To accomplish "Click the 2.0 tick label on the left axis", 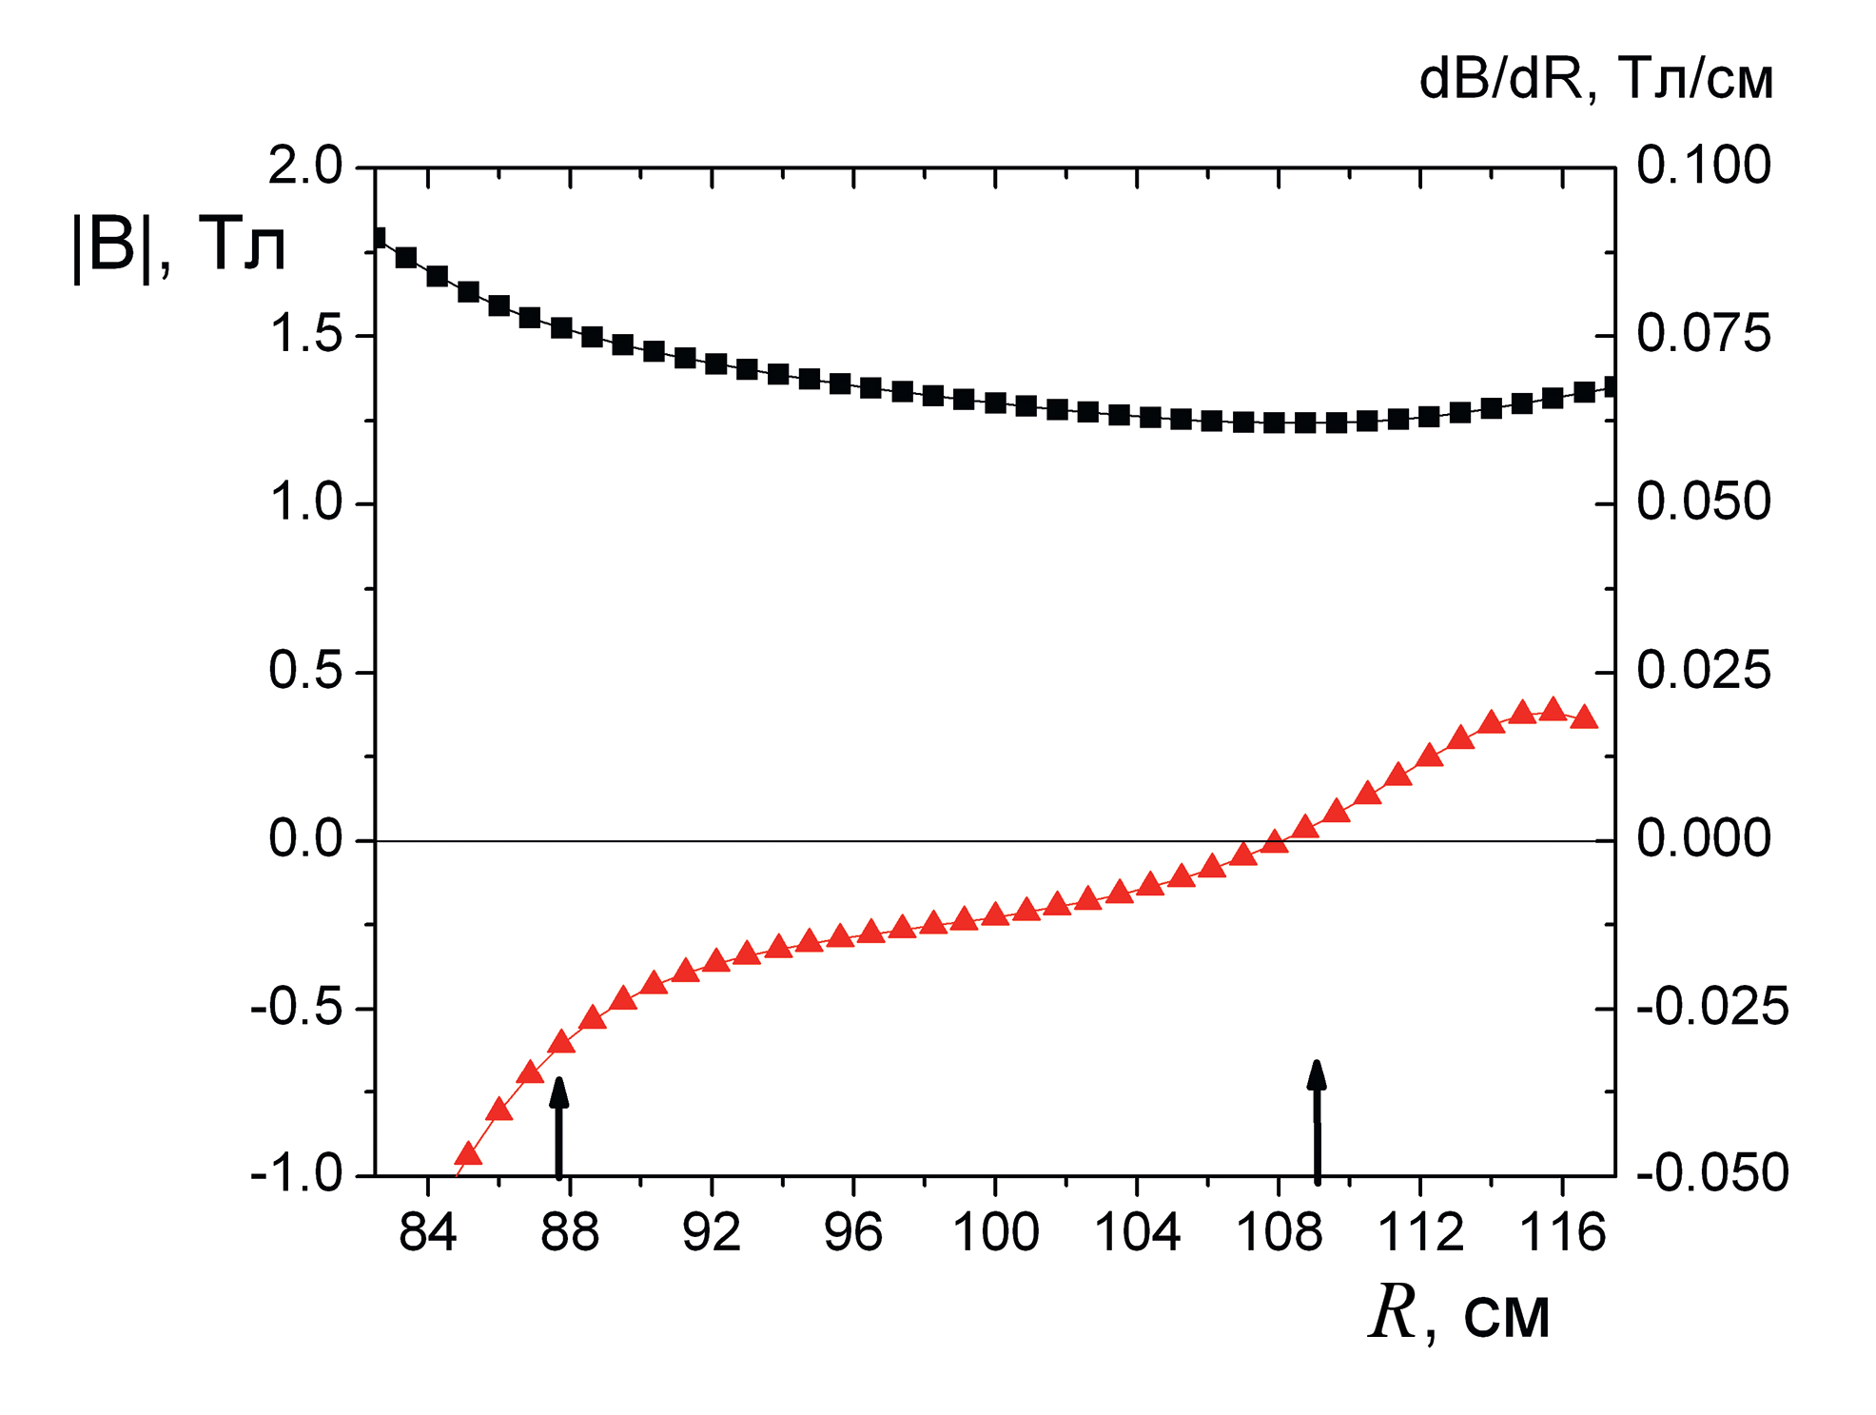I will [304, 167].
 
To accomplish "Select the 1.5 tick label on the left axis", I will [304, 335].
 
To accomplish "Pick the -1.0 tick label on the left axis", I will [296, 1175].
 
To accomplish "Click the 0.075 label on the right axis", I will [1703, 334].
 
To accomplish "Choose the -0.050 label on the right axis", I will [1711, 1173].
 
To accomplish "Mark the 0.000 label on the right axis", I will [1703, 838].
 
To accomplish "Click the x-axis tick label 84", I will [428, 1233].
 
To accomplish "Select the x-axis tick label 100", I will [995, 1233].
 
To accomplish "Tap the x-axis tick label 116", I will [1562, 1233].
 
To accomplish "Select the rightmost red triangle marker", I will [1584, 717].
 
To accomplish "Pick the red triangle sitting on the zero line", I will [1274, 841].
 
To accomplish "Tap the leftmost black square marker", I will [377, 238].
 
